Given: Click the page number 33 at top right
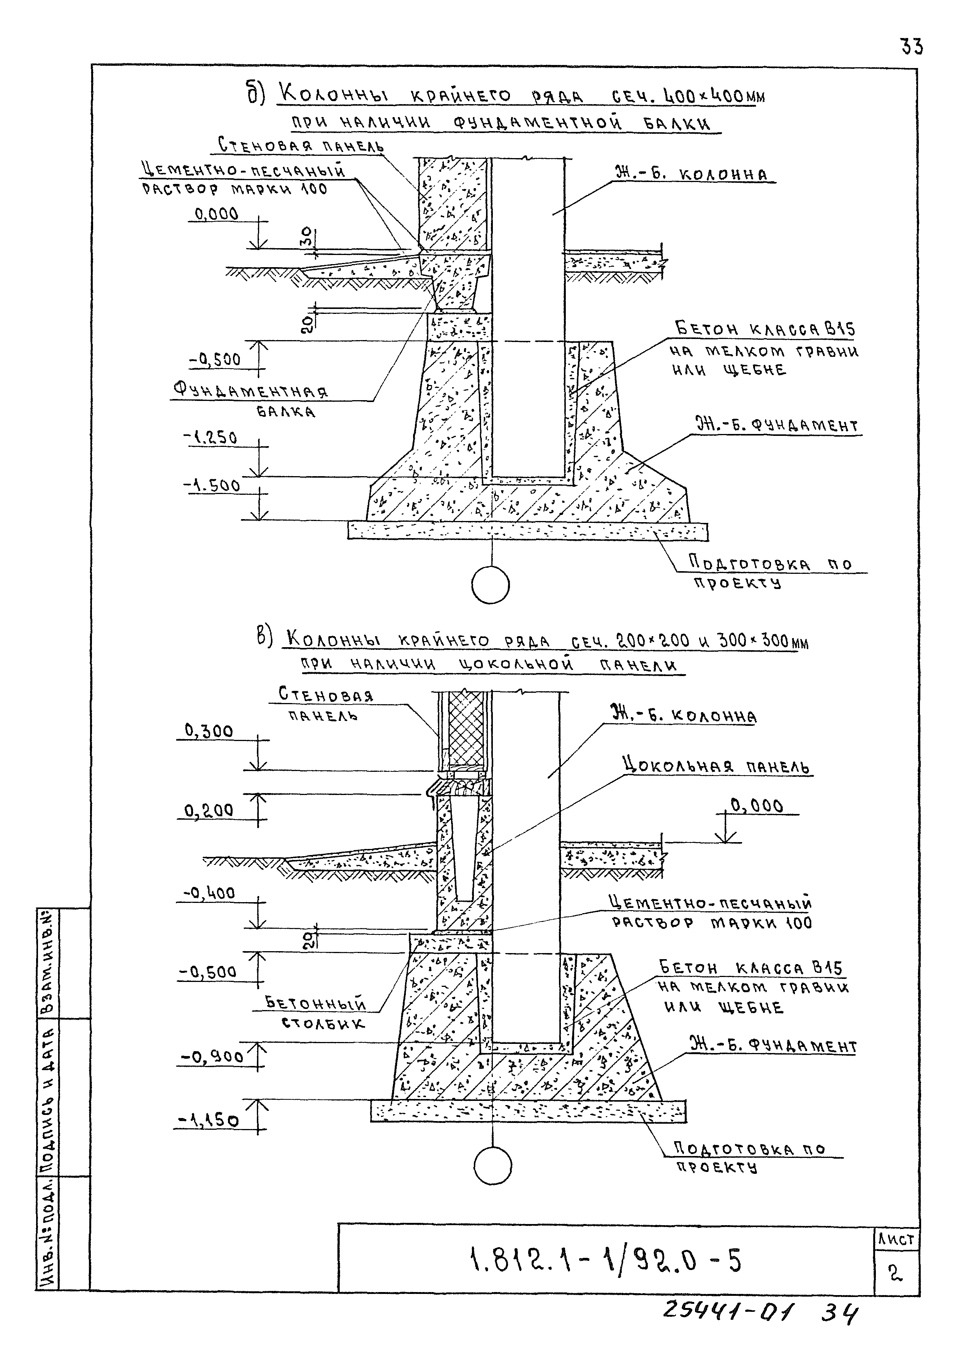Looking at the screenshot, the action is tap(911, 46).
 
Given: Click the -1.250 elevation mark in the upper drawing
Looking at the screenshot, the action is tap(211, 437).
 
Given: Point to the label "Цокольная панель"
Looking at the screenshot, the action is tap(717, 766).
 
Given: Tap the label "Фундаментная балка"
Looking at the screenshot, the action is tap(251, 400).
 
